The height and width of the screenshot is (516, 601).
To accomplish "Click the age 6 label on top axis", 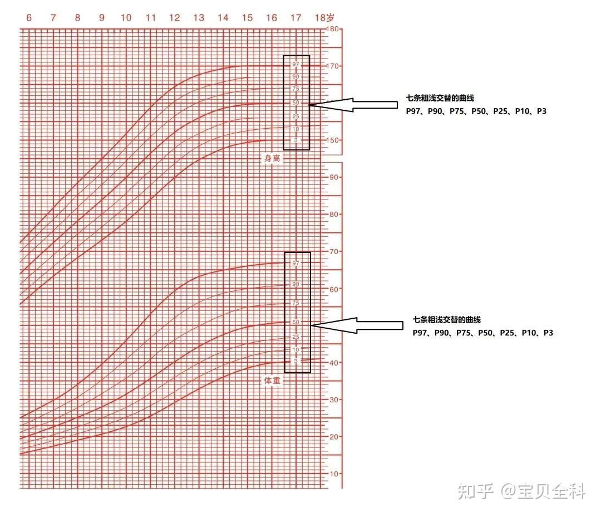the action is [29, 18].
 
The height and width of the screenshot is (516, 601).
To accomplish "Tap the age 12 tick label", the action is [174, 18].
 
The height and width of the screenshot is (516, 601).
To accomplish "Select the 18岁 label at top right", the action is [324, 18].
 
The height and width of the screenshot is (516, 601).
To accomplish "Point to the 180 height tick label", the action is [333, 29].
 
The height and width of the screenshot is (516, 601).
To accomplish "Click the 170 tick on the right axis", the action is [333, 66].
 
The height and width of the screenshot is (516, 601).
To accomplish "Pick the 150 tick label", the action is [333, 140].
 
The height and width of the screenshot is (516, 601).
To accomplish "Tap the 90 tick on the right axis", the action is [334, 177].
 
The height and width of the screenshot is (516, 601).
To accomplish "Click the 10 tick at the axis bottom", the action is [334, 474].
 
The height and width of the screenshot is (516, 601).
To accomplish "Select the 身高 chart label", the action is [272, 158].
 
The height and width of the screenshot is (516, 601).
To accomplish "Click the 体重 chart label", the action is [272, 381].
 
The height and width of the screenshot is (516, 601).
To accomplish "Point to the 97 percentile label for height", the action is [295, 64].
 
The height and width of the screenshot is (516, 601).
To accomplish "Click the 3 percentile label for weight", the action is [295, 361].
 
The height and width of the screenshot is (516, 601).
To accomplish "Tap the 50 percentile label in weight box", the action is [295, 322].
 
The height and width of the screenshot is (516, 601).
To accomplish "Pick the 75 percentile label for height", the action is [295, 89].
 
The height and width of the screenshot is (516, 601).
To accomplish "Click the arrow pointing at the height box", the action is [353, 105].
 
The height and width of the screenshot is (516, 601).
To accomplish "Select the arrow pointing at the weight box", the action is [357, 325].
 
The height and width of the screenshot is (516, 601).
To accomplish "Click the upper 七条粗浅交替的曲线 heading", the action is [440, 98].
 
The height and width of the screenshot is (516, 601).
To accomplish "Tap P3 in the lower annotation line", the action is [548, 333].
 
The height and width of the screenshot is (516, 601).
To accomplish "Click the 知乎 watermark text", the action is [475, 491].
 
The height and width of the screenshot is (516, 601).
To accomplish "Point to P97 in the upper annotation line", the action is [413, 111].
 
